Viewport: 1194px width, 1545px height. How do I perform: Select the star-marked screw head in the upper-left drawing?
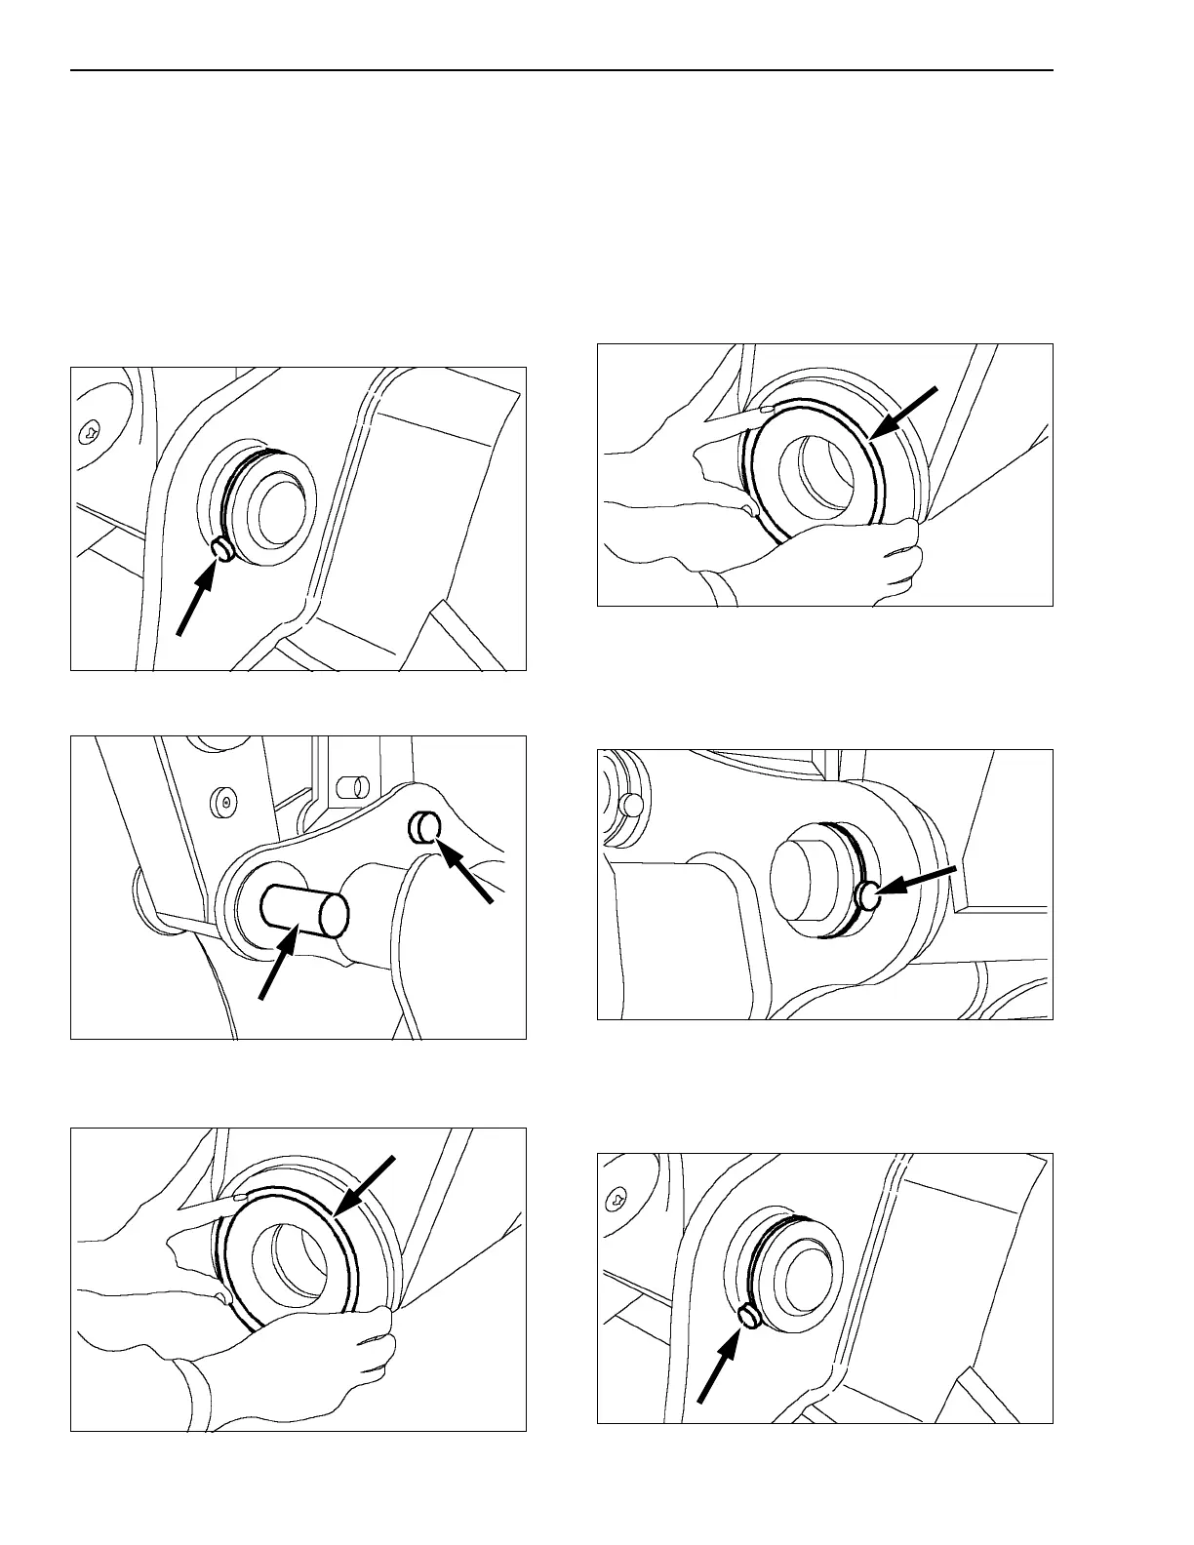tap(89, 430)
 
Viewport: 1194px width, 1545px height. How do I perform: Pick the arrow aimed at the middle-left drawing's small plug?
tap(466, 870)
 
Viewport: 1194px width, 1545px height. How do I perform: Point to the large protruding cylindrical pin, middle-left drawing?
tap(304, 911)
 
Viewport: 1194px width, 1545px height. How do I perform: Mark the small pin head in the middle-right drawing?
tap(868, 893)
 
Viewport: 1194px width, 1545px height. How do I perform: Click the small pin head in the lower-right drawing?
tap(749, 1317)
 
